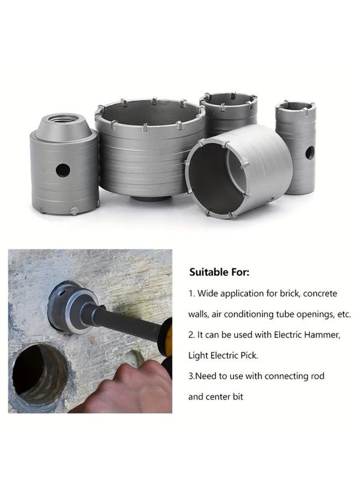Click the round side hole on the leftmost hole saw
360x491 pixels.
point(63,170)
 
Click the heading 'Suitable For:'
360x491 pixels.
point(219,271)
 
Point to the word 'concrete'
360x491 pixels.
point(320,293)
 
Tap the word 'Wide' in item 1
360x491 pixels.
point(208,293)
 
